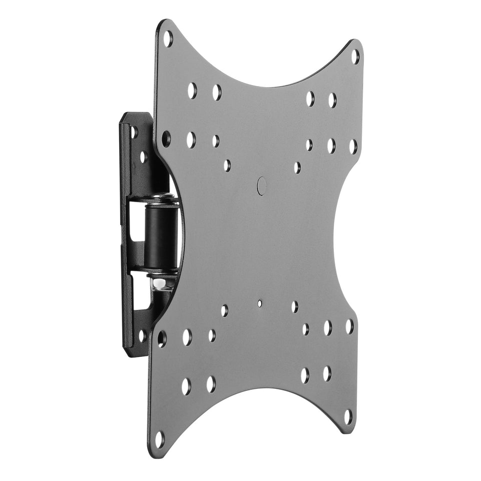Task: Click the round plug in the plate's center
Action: [x=262, y=185]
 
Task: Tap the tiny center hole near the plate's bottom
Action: [x=259, y=303]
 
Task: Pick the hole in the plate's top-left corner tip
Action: [x=168, y=39]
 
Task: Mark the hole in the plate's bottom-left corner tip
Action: [x=159, y=439]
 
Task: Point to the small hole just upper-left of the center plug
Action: [x=227, y=165]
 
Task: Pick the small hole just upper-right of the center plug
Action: [x=297, y=167]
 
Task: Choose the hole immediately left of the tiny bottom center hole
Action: [x=224, y=310]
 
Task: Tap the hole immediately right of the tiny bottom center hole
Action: [x=294, y=307]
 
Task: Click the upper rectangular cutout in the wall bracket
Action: [x=135, y=218]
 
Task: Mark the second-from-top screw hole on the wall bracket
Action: [x=144, y=157]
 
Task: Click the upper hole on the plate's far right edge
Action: [x=353, y=147]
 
